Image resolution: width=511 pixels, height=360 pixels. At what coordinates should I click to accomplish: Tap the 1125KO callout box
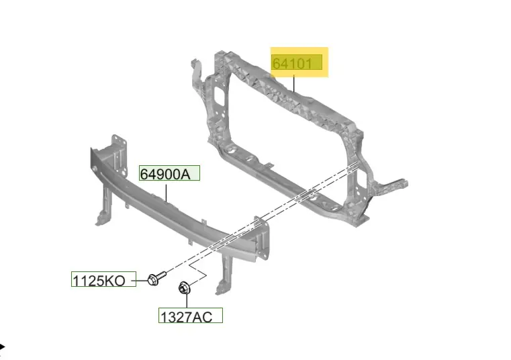(x=103, y=279)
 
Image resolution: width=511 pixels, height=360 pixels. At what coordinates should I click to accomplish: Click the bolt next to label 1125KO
(x=156, y=278)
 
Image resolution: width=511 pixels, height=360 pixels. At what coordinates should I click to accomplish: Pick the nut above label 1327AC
(x=184, y=288)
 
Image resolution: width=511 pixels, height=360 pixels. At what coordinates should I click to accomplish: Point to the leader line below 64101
(x=294, y=83)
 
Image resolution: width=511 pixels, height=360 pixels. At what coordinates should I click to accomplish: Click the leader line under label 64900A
(x=167, y=193)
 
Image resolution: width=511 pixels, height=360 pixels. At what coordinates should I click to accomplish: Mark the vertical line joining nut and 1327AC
(x=187, y=301)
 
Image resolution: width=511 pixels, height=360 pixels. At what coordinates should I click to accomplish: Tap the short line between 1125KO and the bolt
(x=142, y=280)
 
